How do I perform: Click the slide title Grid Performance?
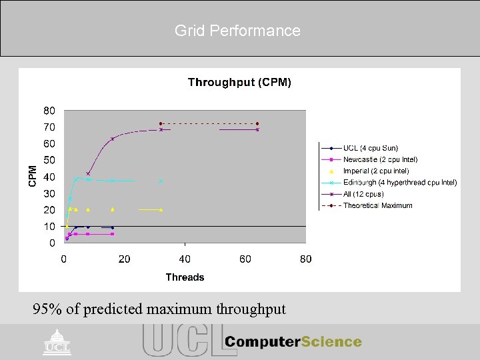[237, 31]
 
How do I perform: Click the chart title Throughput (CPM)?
[239, 82]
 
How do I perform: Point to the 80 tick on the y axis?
[50, 111]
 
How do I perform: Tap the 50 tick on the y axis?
[50, 160]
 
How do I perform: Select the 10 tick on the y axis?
[50, 227]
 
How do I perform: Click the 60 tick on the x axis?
[245, 259]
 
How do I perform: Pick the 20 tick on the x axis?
[124, 259]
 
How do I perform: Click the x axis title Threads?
[185, 277]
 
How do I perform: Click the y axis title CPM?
[33, 176]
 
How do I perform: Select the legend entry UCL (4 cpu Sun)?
[370, 148]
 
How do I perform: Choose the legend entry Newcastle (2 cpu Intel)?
[380, 159]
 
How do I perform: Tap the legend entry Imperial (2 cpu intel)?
[376, 171]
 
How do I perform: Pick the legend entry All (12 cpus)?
[363, 194]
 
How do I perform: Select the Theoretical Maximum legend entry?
[377, 205]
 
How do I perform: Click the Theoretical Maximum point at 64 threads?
[257, 123]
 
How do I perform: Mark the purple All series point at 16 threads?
[112, 139]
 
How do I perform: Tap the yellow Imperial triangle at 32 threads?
[161, 209]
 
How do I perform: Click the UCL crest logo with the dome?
[57, 341]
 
